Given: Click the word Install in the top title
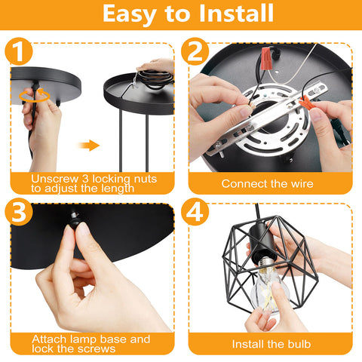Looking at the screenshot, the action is (236, 13).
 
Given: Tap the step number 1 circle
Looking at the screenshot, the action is (19, 51).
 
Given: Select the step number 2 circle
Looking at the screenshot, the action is (195, 51).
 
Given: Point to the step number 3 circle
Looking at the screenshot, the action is (19, 212).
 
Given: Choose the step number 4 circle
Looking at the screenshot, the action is (195, 212).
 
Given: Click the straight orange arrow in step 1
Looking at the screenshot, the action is (89, 146).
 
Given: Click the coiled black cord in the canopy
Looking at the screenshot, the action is (155, 79).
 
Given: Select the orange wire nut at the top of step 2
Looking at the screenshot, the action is (266, 59).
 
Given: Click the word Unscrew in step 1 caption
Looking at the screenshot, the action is (55, 179).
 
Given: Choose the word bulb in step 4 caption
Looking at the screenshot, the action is (299, 344).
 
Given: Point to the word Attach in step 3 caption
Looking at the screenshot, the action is (50, 339).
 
